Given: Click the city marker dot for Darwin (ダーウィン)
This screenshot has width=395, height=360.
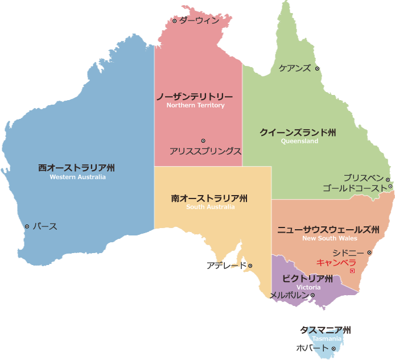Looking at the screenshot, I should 174,21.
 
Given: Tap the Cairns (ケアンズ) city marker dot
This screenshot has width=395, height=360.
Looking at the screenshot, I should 317,69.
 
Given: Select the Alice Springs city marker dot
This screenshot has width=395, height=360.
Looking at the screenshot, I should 203,140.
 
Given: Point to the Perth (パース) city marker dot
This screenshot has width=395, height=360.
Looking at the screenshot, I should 27,226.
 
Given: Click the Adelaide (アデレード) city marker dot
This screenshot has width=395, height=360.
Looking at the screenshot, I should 250,266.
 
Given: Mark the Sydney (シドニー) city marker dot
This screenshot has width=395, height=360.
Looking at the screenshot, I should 369,253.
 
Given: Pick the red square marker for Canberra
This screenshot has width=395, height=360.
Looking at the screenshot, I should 352,271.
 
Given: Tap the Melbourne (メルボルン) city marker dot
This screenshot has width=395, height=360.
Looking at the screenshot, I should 312,295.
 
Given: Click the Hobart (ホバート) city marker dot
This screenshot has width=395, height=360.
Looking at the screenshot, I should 334,349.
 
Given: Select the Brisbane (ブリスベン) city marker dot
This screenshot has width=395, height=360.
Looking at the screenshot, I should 388,180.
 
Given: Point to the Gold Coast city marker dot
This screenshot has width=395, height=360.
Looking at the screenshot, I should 390,187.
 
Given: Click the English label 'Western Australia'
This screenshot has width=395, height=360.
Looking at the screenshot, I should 77,177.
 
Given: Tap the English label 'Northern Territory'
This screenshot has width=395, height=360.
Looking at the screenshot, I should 195,105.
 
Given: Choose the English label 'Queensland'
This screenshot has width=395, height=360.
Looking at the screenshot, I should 299,141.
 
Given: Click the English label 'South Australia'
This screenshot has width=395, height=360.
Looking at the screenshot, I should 210,207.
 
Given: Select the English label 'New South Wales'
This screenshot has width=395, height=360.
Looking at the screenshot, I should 330,238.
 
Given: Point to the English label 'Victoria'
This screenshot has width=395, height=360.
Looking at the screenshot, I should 308,287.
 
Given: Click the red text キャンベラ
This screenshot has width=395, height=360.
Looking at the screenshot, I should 336,263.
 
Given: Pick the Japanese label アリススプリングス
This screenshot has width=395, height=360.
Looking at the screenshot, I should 205,151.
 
